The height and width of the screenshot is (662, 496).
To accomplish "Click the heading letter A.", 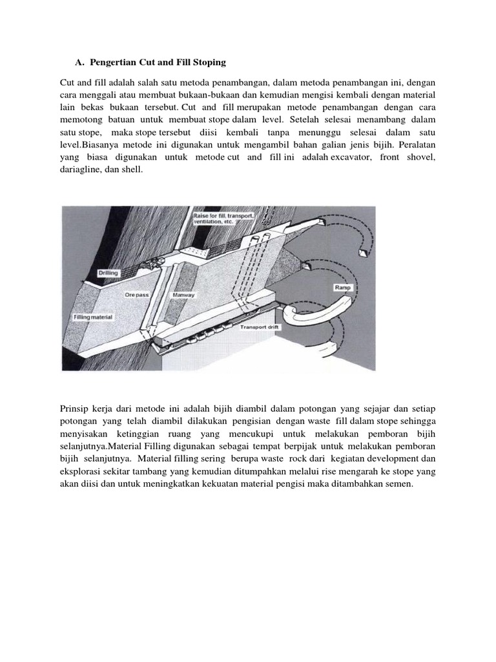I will tap(79, 61).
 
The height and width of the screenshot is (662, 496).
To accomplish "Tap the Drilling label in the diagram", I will tap(108, 273).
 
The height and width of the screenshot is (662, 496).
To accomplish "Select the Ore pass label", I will tap(137, 294).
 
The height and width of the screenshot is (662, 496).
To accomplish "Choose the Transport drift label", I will tap(258, 327).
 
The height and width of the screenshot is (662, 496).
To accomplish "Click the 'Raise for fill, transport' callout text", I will tap(223, 215).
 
